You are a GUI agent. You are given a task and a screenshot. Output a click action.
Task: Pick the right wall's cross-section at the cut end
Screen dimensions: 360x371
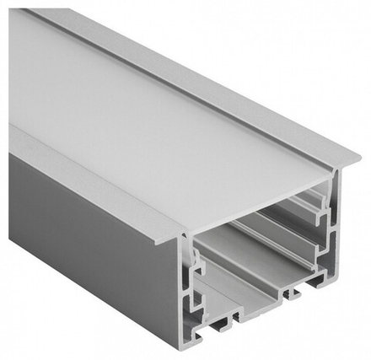pos(332,228)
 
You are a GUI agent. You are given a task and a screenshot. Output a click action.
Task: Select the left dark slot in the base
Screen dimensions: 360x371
pos(227,325)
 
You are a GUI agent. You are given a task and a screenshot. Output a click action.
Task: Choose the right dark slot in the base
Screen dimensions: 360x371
pos(294,294)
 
